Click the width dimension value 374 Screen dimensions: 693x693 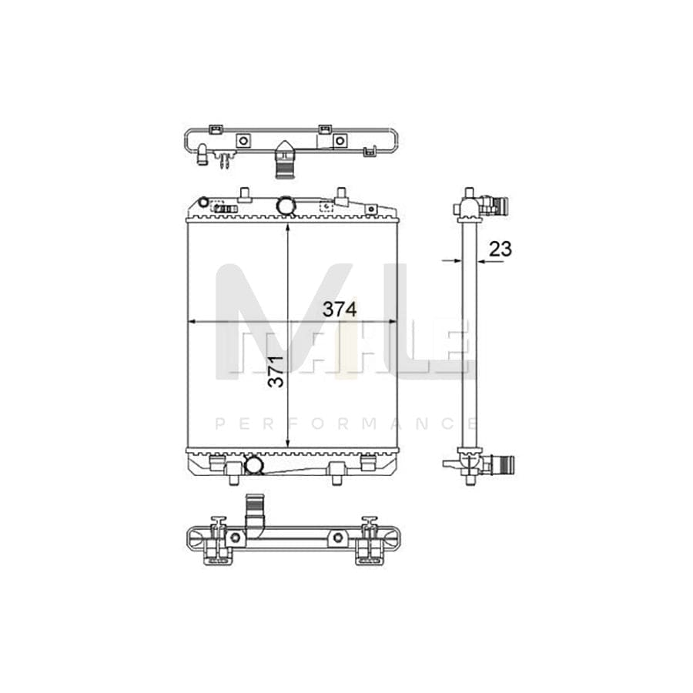(x=340, y=310)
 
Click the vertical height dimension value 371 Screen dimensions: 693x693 (x=276, y=371)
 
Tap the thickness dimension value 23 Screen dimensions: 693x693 (x=500, y=249)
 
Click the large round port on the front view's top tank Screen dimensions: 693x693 (x=285, y=206)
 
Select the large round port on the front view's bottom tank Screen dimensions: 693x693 (x=253, y=465)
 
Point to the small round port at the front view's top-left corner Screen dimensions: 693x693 (x=203, y=203)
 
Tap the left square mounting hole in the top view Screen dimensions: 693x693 (x=243, y=141)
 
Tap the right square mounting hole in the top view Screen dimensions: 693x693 (x=340, y=141)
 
